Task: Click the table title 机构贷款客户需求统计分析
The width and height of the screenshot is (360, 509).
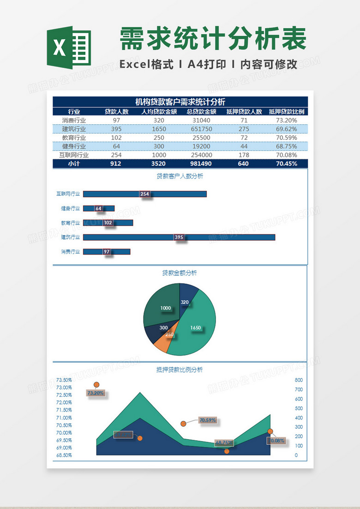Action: point(180,102)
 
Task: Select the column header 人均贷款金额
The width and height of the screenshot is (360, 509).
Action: point(159,112)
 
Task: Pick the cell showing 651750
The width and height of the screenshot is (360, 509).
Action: point(201,129)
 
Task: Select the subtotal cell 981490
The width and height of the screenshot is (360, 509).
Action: point(201,164)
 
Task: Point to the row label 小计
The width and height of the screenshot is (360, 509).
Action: point(74,164)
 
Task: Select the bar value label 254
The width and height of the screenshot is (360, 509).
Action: point(144,194)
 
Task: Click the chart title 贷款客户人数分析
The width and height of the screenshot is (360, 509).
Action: point(180,176)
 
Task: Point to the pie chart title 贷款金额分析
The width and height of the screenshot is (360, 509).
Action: point(180,273)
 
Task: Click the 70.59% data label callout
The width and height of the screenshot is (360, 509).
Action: point(207,420)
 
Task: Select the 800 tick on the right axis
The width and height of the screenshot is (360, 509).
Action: point(299,380)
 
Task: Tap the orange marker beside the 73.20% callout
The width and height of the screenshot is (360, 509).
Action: point(96,385)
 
